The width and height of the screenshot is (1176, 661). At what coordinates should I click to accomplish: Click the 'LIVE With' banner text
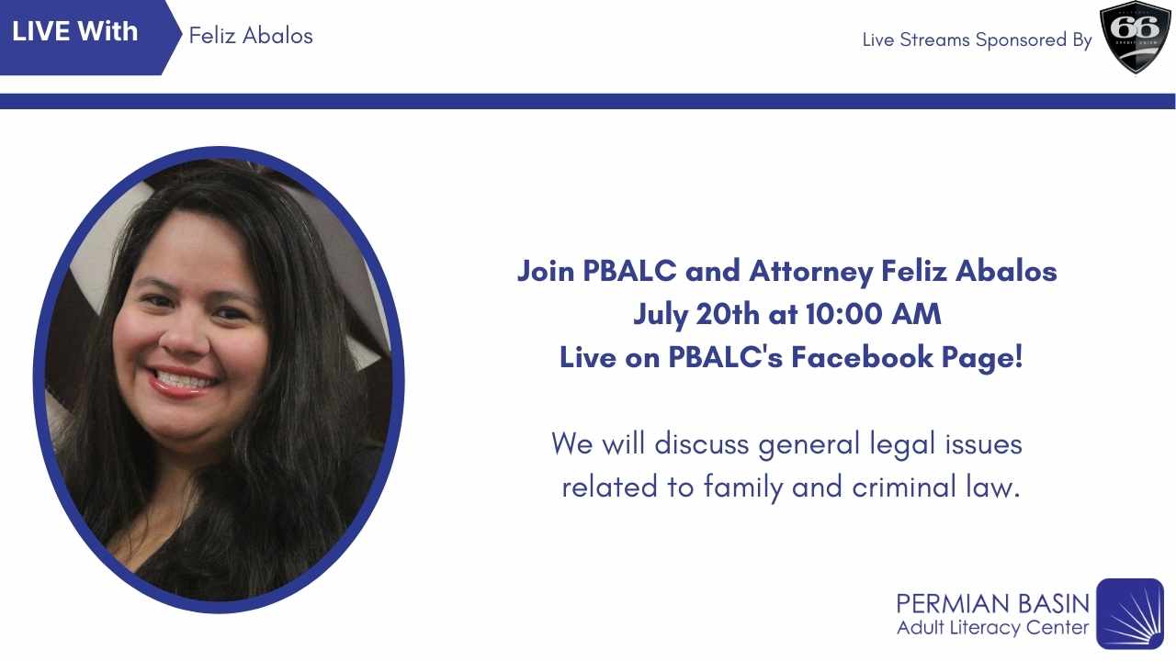pos(74,31)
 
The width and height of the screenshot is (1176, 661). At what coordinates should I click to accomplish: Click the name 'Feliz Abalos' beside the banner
pos(251,36)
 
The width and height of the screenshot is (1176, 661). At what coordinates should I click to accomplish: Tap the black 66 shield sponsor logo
pos(1135,37)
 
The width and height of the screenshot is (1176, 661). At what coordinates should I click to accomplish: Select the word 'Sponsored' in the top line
pos(1021,40)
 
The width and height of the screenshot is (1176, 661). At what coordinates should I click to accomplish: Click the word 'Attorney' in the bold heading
pos(810,273)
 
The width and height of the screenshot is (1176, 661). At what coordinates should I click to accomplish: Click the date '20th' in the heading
pos(728,314)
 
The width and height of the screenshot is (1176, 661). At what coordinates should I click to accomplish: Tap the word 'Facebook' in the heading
pos(862,357)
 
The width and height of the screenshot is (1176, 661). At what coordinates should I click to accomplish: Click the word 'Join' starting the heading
pos(546,271)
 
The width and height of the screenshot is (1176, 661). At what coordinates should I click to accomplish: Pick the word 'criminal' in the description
pos(904,487)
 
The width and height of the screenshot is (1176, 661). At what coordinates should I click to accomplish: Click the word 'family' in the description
pos(743,487)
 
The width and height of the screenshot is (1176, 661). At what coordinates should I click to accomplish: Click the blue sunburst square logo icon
pos(1130,613)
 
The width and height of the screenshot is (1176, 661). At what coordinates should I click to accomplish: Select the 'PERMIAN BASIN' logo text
pos(993,604)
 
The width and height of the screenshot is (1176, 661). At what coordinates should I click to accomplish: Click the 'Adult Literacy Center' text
pos(993,628)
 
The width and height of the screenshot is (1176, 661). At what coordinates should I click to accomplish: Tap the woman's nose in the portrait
pos(185,340)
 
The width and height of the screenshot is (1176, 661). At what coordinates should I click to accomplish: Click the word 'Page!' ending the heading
pos(982,358)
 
